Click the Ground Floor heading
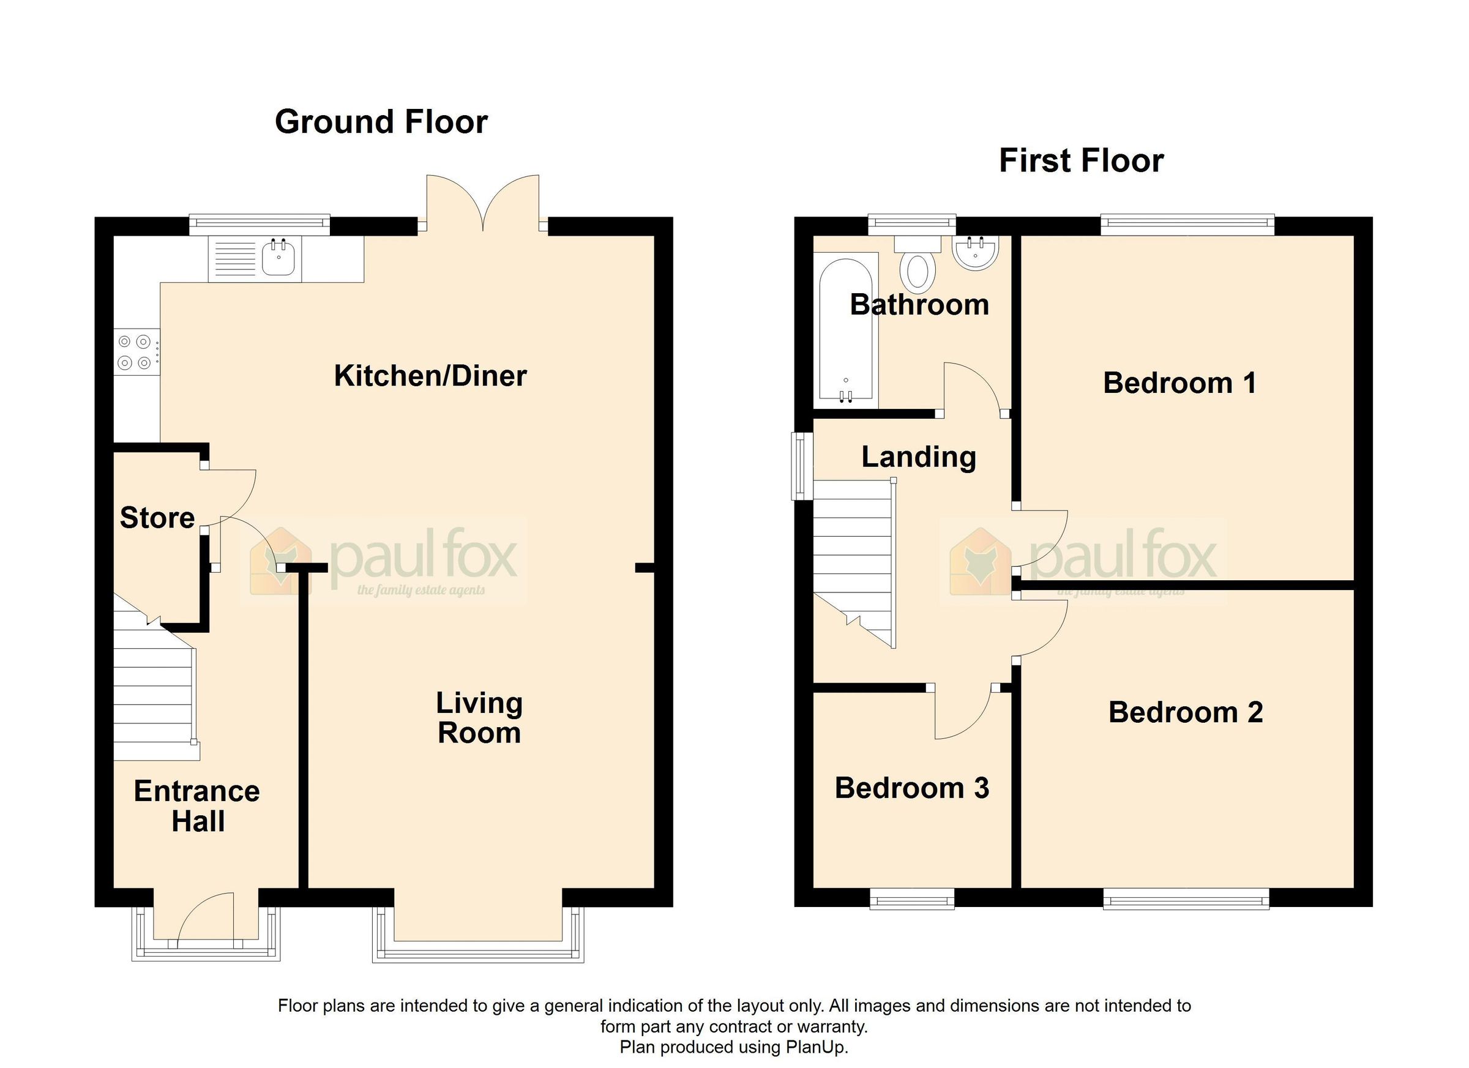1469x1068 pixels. pos(381,122)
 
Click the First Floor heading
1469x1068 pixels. pos(1080,160)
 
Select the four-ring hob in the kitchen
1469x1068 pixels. pos(135,353)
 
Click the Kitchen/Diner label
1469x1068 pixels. pos(430,376)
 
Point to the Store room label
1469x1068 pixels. pos(157,518)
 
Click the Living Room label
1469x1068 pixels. pos(479,719)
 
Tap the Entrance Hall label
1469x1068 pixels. pos(197,806)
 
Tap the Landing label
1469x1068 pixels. pos(919,457)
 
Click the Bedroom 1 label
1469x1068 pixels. pos(1179,383)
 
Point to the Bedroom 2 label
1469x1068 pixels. pos(1186,712)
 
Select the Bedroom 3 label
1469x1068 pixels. pos(911,788)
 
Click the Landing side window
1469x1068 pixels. pos(802,466)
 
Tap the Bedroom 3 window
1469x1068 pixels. pos(911,899)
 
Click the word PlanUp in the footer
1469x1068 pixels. pos(816,1047)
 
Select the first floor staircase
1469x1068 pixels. pos(853,557)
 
